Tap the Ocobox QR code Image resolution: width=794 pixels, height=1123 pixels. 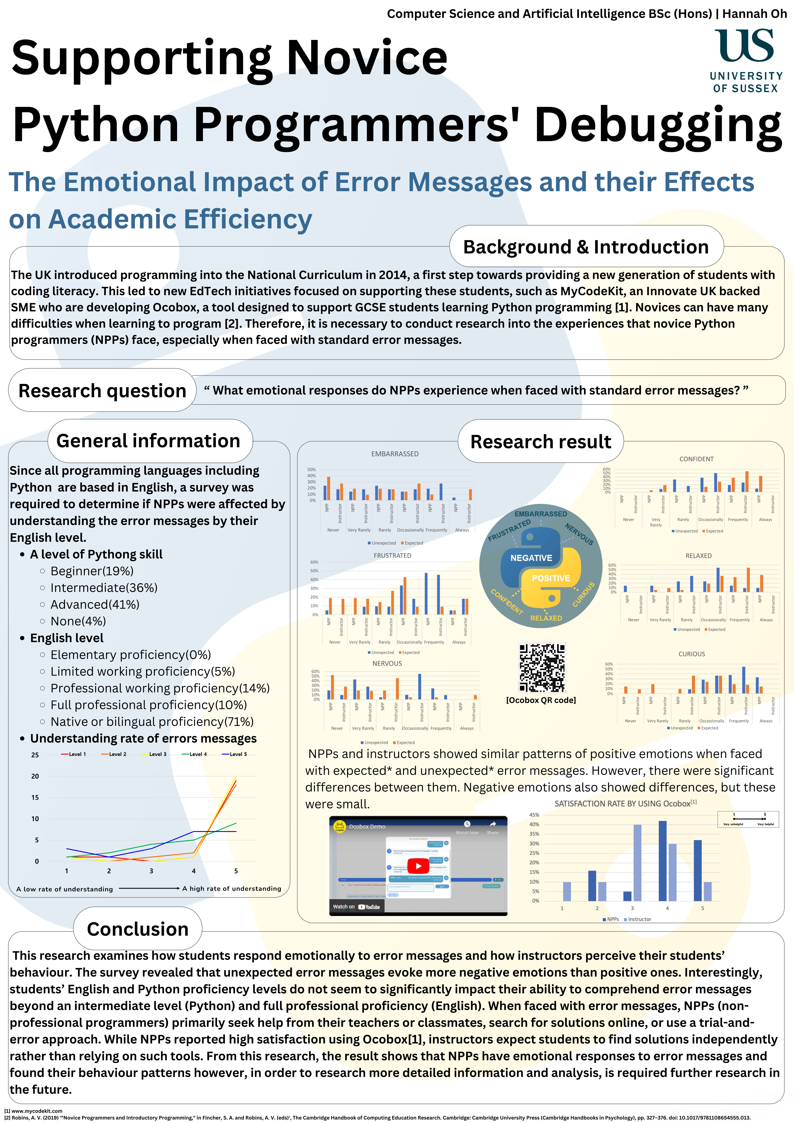[542, 668]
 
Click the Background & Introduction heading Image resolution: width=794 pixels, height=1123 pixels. [586, 247]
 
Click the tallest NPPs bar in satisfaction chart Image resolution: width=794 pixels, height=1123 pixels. [662, 861]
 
